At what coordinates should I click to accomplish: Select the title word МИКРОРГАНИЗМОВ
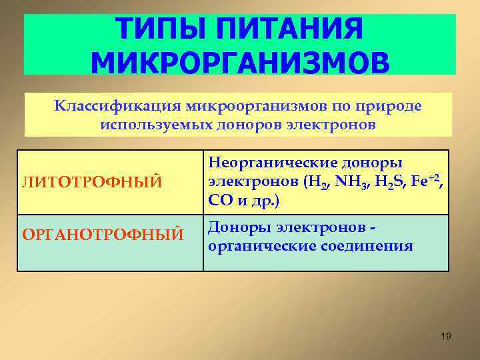tap(239, 63)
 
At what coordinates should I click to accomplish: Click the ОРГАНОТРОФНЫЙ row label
tap(103, 234)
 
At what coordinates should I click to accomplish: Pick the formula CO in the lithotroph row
tap(219, 199)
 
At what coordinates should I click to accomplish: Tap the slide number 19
tap(446, 336)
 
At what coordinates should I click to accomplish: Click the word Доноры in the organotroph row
tap(237, 227)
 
